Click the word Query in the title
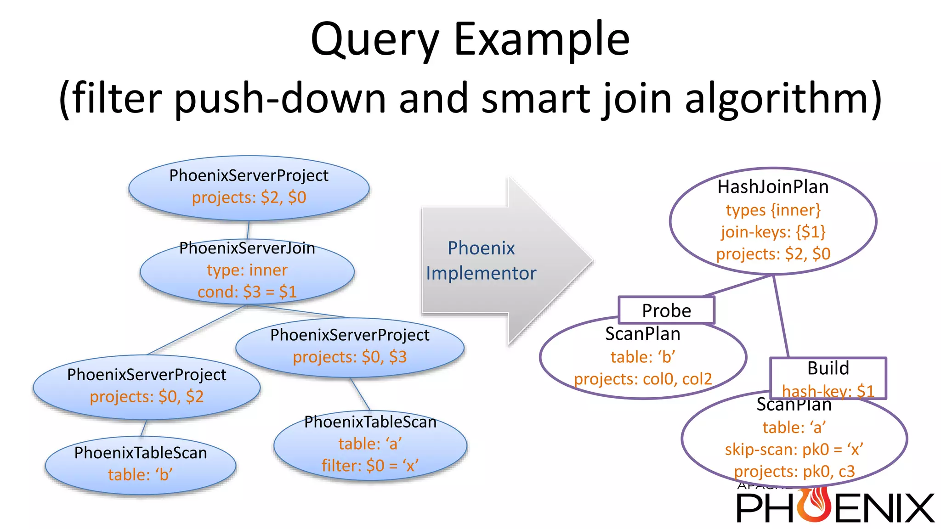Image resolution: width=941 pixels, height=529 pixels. click(374, 40)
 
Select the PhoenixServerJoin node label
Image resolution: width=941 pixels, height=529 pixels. click(247, 248)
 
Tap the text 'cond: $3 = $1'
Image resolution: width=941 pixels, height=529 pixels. click(247, 292)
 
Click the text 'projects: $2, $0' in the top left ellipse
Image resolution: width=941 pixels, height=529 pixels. click(249, 197)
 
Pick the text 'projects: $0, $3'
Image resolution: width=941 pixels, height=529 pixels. click(350, 357)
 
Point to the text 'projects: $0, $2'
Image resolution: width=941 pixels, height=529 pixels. click(147, 396)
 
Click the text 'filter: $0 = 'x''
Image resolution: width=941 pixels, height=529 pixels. click(370, 466)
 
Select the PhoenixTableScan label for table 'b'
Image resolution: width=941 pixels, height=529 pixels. click(141, 453)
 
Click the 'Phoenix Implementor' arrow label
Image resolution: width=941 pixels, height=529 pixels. click(481, 260)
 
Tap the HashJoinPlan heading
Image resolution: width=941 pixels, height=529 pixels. click(773, 187)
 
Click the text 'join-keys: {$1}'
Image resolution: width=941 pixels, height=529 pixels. click(773, 232)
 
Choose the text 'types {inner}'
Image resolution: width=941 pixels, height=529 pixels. click(773, 210)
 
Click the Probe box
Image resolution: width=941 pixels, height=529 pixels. click(666, 311)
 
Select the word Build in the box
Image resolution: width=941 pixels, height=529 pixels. click(828, 368)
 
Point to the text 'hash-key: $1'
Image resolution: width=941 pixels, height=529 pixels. click(828, 391)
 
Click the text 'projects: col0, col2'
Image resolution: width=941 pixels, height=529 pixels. click(642, 379)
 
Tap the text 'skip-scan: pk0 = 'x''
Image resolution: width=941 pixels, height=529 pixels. click(794, 449)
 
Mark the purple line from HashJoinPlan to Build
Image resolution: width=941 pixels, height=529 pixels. click(781, 317)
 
